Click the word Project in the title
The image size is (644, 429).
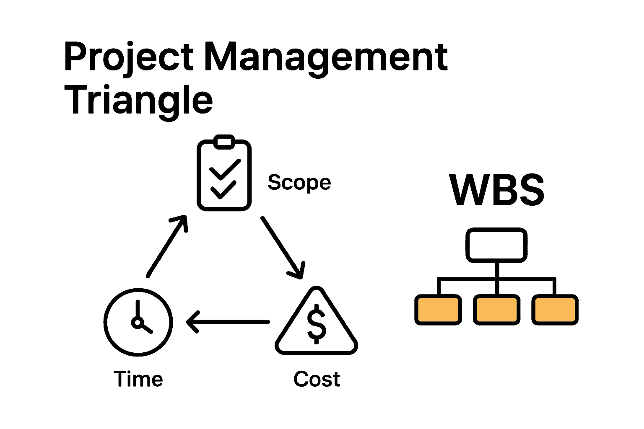[128, 57]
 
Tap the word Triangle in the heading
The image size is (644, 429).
[138, 100]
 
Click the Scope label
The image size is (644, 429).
[299, 183]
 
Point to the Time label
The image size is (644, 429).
[138, 379]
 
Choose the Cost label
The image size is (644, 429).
[317, 379]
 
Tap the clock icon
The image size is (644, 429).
[138, 322]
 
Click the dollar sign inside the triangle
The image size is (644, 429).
[317, 323]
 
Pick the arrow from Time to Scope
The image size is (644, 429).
[167, 246]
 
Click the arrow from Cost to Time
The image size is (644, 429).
[229, 322]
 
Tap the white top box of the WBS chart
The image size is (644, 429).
[496, 246]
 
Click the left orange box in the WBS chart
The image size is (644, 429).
[438, 310]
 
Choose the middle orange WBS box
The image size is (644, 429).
[496, 310]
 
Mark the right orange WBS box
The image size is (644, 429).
[555, 310]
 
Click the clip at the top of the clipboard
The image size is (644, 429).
[224, 142]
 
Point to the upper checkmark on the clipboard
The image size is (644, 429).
[225, 169]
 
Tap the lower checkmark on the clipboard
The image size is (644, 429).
[223, 190]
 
